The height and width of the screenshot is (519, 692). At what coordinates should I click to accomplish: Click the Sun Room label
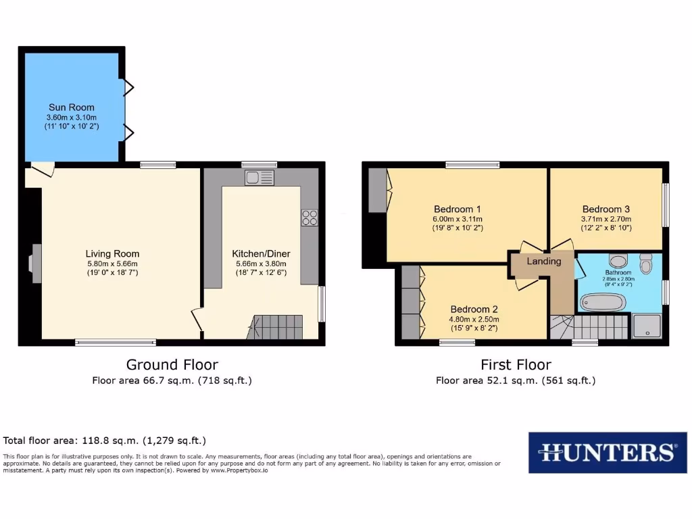71,107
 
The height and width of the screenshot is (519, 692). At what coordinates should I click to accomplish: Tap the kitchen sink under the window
259,178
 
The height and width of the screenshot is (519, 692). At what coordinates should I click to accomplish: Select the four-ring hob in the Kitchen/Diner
310,218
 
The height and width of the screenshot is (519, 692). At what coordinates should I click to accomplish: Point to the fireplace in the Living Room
36,259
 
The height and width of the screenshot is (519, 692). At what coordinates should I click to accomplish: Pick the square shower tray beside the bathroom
647,326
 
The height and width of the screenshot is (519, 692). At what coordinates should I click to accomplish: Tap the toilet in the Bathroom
645,264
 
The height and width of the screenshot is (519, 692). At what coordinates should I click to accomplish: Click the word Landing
544,262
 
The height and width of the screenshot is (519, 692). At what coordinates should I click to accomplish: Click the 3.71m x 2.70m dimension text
605,219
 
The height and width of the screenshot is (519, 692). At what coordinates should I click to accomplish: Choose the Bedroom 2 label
474,310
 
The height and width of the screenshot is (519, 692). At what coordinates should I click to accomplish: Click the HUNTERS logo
607,452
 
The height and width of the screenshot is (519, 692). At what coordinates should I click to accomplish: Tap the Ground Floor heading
172,365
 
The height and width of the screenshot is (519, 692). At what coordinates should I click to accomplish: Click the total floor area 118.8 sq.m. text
105,441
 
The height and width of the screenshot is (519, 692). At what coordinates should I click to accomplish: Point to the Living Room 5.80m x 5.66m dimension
112,264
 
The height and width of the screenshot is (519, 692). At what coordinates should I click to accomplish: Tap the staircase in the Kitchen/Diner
277,327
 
